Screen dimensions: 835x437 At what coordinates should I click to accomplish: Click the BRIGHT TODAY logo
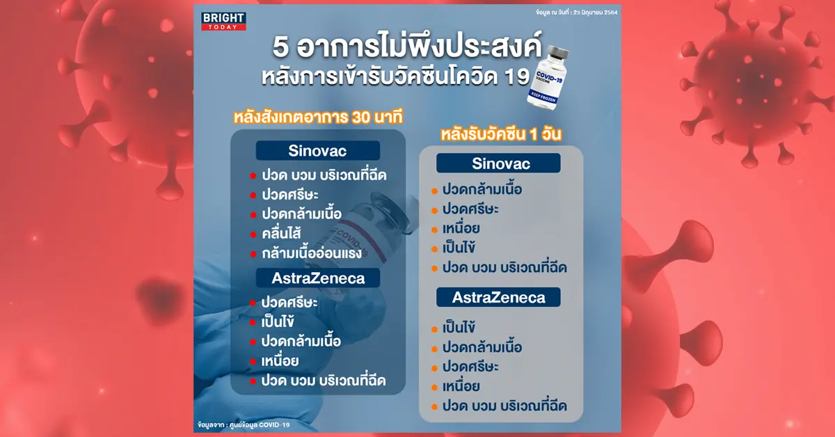pyautogui.click(x=223, y=22)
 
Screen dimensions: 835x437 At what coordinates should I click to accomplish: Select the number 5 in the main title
pyautogui.click(x=280, y=48)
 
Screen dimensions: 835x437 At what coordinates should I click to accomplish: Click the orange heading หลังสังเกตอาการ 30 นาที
pyautogui.click(x=319, y=118)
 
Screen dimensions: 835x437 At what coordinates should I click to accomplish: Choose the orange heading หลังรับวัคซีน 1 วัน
pyautogui.click(x=500, y=134)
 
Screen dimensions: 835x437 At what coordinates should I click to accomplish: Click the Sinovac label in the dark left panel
pyautogui.click(x=317, y=150)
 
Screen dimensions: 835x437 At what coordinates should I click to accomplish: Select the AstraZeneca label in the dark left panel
pyautogui.click(x=318, y=278)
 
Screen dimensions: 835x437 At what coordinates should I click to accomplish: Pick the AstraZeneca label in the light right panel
pyautogui.click(x=498, y=297)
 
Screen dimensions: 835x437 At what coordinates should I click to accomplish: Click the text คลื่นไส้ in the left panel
pyautogui.click(x=281, y=233)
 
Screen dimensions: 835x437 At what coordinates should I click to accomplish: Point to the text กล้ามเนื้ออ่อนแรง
pyautogui.click(x=312, y=253)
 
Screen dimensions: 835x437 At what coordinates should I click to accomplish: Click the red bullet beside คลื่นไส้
pyautogui.click(x=253, y=235)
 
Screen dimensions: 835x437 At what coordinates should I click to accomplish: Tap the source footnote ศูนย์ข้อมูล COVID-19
pyautogui.click(x=262, y=425)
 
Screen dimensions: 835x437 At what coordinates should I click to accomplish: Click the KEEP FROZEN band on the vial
pyautogui.click(x=543, y=97)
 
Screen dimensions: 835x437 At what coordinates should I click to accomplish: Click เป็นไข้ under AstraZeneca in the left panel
pyautogui.click(x=278, y=321)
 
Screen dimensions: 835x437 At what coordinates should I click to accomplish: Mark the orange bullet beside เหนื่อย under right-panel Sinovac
pyautogui.click(x=434, y=230)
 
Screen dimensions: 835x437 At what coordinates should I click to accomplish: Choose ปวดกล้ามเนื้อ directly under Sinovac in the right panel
pyautogui.click(x=482, y=189)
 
